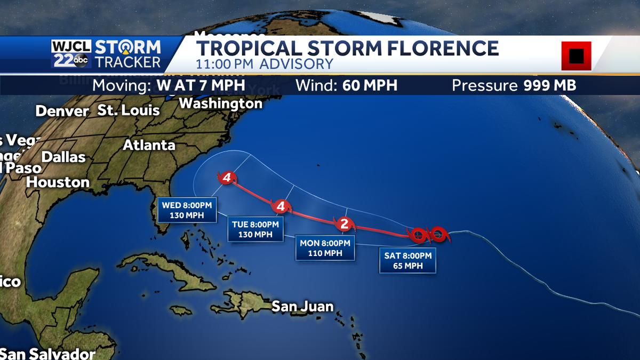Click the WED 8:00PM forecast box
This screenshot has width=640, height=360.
[187, 210]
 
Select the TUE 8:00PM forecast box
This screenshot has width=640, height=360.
[255, 229]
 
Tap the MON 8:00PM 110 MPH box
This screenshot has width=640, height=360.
[325, 248]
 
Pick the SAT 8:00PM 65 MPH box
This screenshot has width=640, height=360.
[408, 261]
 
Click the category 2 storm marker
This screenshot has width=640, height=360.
[344, 224]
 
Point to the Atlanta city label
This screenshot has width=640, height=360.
[149, 145]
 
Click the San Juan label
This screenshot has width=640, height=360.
[302, 306]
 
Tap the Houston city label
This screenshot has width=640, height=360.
[58, 182]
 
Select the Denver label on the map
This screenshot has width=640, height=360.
[62, 111]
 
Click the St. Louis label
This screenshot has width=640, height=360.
[129, 110]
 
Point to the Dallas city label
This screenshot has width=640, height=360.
[63, 157]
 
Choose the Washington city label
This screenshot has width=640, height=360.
[221, 103]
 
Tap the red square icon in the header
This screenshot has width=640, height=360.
[576, 55]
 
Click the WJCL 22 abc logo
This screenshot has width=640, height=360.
[73, 54]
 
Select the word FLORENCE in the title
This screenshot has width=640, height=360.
[434, 48]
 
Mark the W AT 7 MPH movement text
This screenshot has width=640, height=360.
[201, 85]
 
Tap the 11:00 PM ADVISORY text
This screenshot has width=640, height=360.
[264, 64]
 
